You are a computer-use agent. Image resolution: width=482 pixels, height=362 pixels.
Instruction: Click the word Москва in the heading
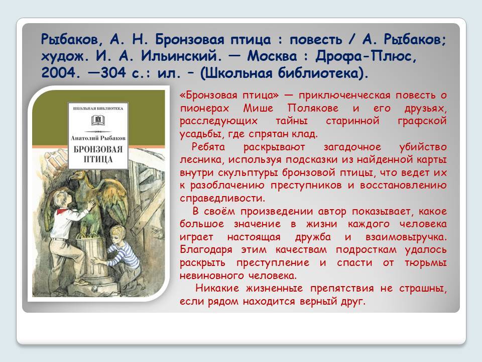tap(272, 56)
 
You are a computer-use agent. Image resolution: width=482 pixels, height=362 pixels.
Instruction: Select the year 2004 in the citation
tap(58, 73)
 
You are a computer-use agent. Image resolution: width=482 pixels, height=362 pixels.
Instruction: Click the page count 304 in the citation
tap(113, 73)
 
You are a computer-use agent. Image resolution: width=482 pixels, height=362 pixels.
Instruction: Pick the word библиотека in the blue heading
tap(321, 73)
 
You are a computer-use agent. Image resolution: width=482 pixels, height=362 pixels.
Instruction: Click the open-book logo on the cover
tap(98, 120)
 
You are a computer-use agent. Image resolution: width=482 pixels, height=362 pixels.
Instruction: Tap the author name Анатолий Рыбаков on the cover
tap(98, 138)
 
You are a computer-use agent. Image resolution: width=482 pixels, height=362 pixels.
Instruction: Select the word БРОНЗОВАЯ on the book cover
tap(98, 150)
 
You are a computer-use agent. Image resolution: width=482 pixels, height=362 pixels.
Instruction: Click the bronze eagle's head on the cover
tap(77, 176)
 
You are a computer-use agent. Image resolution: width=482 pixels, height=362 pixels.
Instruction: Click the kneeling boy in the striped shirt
tap(123, 255)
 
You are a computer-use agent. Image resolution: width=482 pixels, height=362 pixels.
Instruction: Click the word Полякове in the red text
tap(313, 108)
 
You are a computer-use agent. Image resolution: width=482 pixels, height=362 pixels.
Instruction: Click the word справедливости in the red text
tap(222, 198)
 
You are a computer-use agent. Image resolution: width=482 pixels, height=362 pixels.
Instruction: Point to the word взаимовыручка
tap(406, 237)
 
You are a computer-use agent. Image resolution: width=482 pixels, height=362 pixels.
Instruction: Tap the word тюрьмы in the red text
tap(425, 263)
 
